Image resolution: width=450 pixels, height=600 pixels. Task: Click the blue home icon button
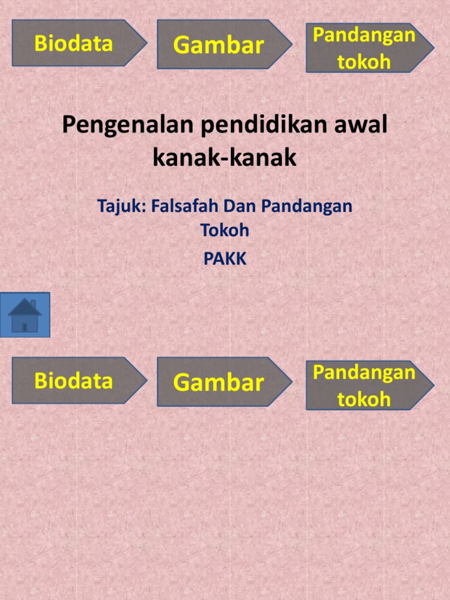tap(25, 315)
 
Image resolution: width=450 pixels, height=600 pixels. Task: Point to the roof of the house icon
tap(23, 307)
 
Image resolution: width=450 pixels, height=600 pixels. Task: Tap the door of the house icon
tap(25, 328)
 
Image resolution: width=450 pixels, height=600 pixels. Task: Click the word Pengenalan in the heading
tap(127, 125)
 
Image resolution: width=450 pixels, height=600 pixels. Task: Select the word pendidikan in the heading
tap(264, 125)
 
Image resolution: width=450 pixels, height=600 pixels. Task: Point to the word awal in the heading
tap(361, 124)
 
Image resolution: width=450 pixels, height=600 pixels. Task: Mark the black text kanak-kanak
tap(224, 157)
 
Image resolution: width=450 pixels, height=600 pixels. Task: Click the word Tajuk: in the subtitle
tap(122, 206)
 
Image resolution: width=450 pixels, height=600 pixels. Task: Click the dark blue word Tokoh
tap(224, 230)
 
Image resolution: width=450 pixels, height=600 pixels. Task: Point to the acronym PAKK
tap(224, 258)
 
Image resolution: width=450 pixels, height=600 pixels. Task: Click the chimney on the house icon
tap(33, 304)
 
